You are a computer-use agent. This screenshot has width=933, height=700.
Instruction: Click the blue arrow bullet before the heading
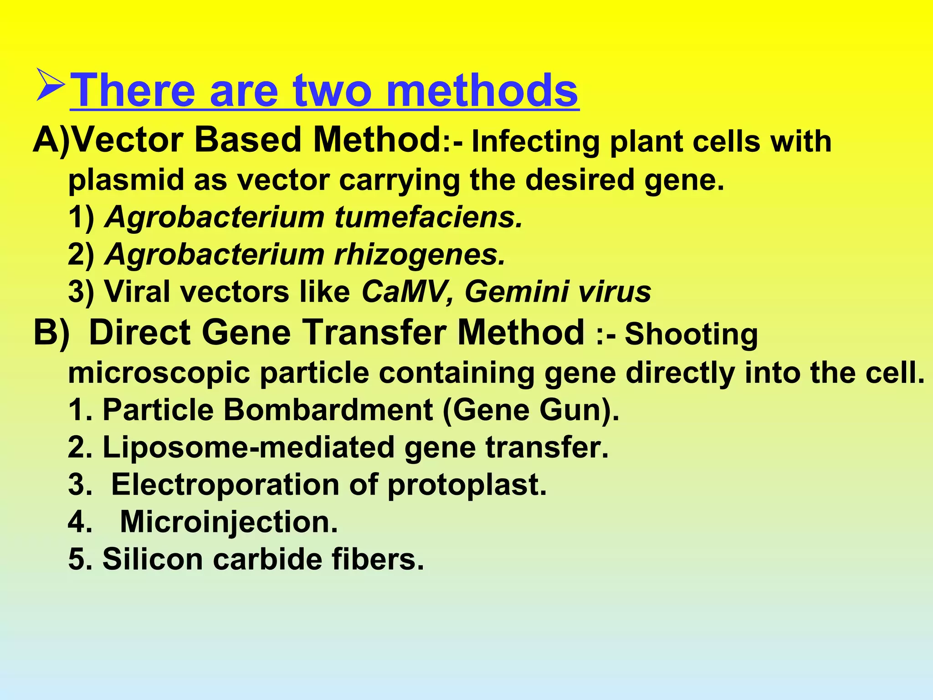pyautogui.click(x=51, y=85)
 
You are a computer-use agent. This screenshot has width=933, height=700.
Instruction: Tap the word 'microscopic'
pyautogui.click(x=159, y=373)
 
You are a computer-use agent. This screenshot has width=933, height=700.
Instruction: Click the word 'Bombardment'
pyautogui.click(x=328, y=410)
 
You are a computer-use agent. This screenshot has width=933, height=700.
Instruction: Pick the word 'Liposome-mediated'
pyautogui.click(x=248, y=447)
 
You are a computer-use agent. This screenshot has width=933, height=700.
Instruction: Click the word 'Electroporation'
pyautogui.click(x=225, y=484)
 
